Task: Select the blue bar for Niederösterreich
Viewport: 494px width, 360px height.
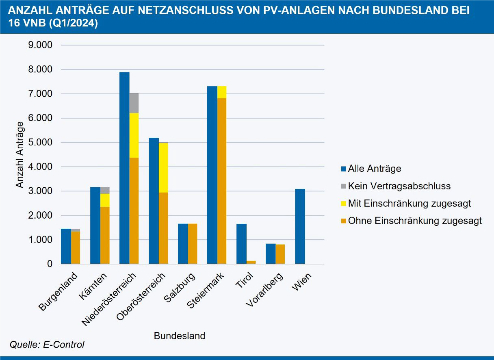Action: tap(124, 168)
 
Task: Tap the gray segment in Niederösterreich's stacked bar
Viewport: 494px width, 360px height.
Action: tap(134, 103)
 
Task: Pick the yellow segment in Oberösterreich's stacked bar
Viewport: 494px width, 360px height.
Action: tap(163, 167)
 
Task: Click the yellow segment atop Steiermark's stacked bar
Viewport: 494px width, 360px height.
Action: tap(222, 92)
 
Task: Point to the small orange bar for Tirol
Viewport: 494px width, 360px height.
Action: tap(251, 262)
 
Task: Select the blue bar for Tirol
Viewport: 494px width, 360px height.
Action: tap(241, 244)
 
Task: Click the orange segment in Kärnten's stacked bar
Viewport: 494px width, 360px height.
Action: tap(105, 235)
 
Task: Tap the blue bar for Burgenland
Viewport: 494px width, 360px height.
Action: tap(66, 246)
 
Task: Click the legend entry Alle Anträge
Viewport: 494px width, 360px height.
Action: tap(374, 169)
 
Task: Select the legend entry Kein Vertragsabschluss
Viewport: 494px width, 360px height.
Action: tap(399, 186)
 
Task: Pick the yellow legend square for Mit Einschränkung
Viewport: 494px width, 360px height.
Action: tap(344, 204)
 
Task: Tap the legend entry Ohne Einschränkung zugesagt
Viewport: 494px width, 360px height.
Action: tap(414, 221)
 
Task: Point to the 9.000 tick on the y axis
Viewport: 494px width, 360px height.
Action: tap(40, 45)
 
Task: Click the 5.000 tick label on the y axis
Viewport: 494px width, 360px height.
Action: tap(40, 143)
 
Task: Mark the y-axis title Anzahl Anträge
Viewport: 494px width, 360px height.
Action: tap(20, 155)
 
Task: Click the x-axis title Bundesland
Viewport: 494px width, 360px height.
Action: tap(179, 336)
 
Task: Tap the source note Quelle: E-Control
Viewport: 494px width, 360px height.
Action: tap(47, 345)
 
